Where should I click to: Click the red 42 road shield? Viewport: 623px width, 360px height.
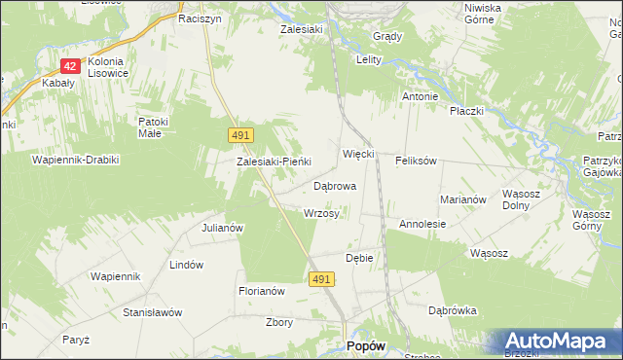pyautogui.click(x=69, y=66)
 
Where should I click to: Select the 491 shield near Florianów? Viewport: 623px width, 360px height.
pyautogui.click(x=323, y=279)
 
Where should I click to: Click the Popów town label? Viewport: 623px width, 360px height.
pyautogui.click(x=366, y=346)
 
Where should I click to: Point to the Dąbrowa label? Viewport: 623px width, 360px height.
pyautogui.click(x=335, y=185)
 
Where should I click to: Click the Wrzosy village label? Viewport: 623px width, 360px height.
pyautogui.click(x=321, y=213)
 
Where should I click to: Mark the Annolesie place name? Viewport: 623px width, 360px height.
pyautogui.click(x=422, y=224)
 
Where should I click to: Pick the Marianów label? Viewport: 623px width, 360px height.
pyautogui.click(x=462, y=198)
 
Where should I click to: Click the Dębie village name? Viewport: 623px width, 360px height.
pyautogui.click(x=359, y=258)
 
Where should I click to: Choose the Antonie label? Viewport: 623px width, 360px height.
pyautogui.click(x=421, y=97)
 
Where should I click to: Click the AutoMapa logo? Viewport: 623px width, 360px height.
pyautogui.click(x=559, y=341)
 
